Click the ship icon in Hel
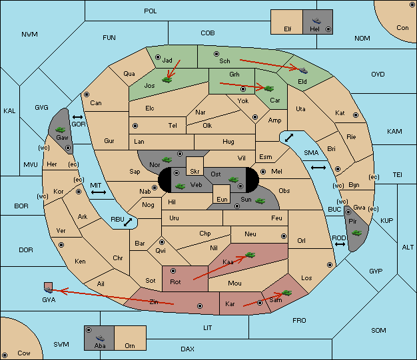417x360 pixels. click(316, 21)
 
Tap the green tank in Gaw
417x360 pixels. click(61, 130)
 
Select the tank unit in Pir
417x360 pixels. click(356, 233)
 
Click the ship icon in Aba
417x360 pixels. click(100, 338)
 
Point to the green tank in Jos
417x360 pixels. click(167, 79)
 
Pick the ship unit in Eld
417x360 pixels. click(303, 71)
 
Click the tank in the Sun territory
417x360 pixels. click(260, 201)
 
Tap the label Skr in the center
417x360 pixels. click(195, 172)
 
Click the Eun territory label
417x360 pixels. click(222, 199)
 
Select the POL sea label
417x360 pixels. click(151, 11)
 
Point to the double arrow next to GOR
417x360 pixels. click(77, 117)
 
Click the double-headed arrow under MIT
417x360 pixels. click(99, 192)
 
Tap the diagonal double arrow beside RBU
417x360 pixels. click(128, 222)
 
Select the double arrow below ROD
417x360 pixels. click(340, 244)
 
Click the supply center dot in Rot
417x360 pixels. click(173, 271)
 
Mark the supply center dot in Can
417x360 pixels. click(87, 94)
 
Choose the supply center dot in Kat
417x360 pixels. click(356, 115)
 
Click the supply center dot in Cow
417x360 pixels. click(5, 355)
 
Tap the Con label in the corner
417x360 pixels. click(402, 28)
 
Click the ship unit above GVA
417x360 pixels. click(49, 290)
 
